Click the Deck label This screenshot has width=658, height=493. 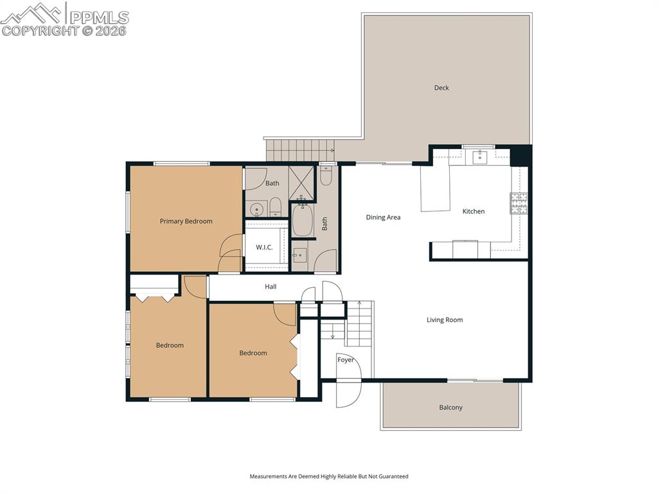441,88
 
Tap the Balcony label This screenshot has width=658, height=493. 450,408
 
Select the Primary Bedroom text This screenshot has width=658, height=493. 186,221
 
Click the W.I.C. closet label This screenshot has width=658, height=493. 264,247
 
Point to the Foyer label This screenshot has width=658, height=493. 346,360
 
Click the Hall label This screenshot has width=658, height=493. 271,287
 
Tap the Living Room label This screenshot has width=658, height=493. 445,320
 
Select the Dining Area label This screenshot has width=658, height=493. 383,217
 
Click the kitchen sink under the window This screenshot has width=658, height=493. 480,157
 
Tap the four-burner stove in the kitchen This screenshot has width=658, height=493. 519,203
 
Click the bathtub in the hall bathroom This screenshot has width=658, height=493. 303,220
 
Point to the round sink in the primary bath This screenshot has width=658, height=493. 257,210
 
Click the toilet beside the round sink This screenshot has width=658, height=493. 275,207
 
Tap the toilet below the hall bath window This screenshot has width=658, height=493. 326,175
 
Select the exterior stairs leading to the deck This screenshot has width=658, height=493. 300,150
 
